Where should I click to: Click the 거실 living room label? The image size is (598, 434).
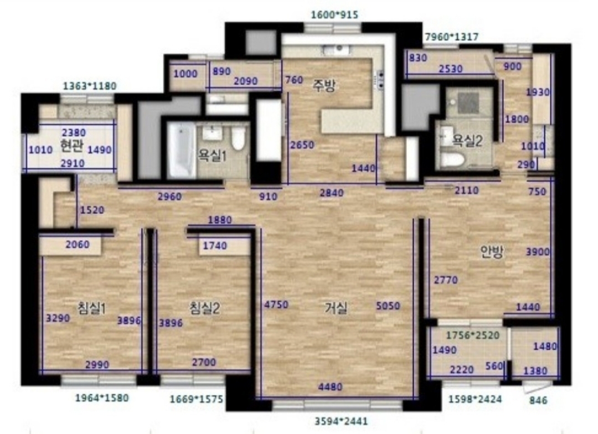tap(336, 308)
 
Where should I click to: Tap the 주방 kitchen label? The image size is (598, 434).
tap(324, 86)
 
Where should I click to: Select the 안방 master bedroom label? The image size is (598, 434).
tap(492, 252)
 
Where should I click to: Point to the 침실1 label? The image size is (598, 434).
tap(91, 308)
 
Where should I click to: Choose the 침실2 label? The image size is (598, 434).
tap(205, 308)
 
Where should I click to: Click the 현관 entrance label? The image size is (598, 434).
tap(72, 145)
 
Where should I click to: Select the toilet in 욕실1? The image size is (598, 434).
tap(238, 138)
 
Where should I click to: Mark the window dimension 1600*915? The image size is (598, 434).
tap(335, 15)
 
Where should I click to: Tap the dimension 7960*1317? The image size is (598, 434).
tap(452, 37)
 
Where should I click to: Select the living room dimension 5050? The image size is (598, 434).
tap(388, 306)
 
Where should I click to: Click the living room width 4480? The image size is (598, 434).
tap(330, 387)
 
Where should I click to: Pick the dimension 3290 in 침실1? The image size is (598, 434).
tap(58, 318)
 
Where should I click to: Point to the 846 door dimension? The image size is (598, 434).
tap(539, 400)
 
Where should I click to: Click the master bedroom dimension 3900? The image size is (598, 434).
tap(538, 252)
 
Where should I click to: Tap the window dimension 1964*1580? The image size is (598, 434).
tap(102, 398)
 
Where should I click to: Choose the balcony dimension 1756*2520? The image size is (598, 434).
tap(472, 335)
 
